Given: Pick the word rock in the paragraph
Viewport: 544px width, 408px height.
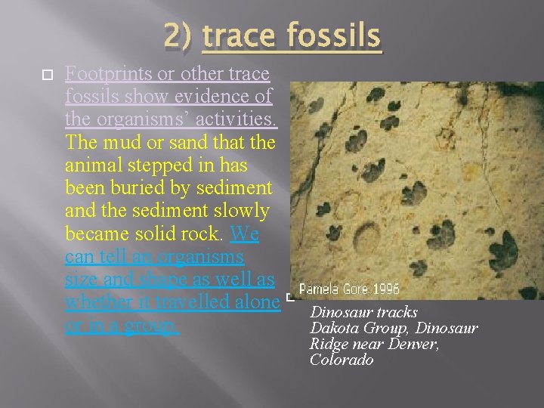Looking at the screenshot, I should tap(199, 234).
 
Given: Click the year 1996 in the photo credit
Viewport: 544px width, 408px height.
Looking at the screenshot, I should tap(382, 289).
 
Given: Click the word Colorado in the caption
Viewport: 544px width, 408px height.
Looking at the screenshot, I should tap(342, 360).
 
